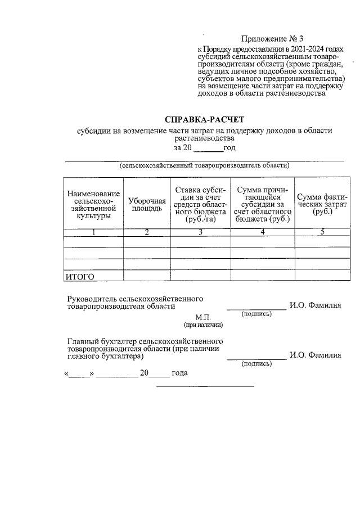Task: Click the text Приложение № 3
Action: [x=272, y=39]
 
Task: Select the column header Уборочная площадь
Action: [x=147, y=204]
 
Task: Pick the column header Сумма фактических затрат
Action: [x=322, y=204]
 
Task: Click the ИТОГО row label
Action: [x=80, y=276]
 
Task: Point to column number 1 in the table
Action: [x=93, y=233]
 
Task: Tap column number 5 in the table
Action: [x=322, y=233]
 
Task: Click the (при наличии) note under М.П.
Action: [x=203, y=325]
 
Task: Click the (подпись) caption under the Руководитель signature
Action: [x=256, y=314]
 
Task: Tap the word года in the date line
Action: [x=179, y=373]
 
